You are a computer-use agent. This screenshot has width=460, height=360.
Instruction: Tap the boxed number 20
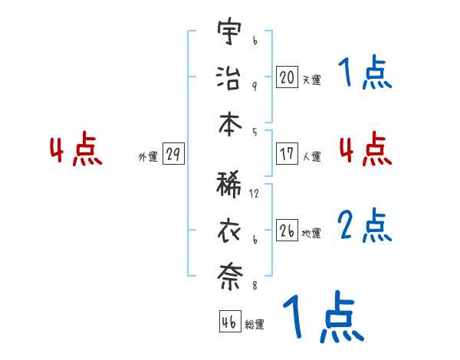click(x=287, y=77)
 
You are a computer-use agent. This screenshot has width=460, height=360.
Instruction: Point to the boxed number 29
click(x=172, y=155)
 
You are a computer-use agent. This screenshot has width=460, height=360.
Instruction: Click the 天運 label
click(x=311, y=79)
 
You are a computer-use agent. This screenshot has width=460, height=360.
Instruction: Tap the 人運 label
click(x=311, y=156)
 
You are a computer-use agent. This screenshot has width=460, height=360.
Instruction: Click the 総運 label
click(x=255, y=324)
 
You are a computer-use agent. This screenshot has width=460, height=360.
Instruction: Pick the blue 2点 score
click(x=365, y=226)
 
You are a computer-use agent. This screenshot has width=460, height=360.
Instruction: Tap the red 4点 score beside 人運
click(x=365, y=149)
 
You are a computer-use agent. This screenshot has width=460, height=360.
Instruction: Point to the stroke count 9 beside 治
click(x=254, y=86)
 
